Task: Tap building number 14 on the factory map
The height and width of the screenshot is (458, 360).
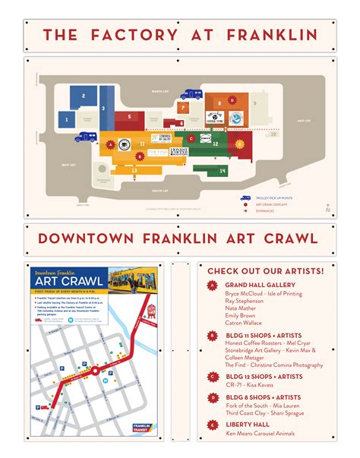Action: (x=223, y=172)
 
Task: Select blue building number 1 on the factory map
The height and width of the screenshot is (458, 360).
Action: (x=67, y=118)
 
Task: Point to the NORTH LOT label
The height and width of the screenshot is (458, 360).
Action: (x=159, y=91)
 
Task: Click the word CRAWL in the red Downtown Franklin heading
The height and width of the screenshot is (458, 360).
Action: (x=284, y=238)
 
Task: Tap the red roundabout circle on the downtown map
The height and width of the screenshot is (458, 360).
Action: (x=97, y=371)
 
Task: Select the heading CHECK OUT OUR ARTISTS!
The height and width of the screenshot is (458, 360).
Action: (x=265, y=271)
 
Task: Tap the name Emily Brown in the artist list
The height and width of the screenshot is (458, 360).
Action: (x=241, y=314)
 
